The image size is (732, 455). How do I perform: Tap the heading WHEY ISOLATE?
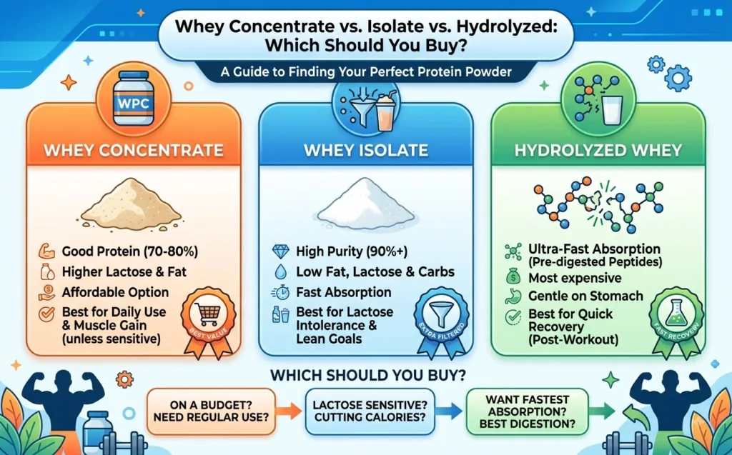coord(366,150)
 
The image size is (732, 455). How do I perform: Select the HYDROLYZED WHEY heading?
coord(598,150)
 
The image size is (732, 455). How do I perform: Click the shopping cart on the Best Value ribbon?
coord(207,314)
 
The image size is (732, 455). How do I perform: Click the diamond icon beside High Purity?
coord(280,252)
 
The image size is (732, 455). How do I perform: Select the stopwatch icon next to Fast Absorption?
coord(280,293)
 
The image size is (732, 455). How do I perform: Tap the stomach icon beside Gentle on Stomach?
coord(513,296)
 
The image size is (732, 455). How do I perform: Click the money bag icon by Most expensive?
coord(513,276)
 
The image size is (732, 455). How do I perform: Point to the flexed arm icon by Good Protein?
coord(46,251)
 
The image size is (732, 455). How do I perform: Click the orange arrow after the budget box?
coord(289,411)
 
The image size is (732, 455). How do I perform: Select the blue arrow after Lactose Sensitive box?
coord(449,411)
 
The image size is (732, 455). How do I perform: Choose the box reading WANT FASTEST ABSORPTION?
coord(528,411)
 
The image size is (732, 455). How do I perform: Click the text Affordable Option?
coord(115,293)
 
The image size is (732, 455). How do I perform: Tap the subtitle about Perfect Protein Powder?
coord(366,72)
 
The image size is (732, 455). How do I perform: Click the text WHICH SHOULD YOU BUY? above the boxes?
coord(368,375)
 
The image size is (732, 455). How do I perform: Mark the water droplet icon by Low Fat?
coord(280,272)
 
